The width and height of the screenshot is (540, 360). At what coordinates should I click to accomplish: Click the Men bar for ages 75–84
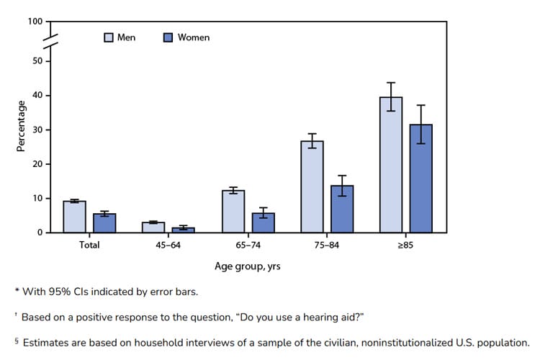pos(312,187)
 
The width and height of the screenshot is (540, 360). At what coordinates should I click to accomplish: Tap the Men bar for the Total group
pos(75,217)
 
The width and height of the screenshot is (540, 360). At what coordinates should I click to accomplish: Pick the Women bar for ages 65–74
pos(264,223)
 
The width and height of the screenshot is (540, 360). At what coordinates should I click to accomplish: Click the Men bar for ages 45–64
pos(153,228)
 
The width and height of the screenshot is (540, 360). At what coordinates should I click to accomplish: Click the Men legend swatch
pos(109,37)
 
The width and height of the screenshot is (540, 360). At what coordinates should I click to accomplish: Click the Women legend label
pos(194,37)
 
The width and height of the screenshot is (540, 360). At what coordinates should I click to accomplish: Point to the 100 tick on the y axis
pos(35,22)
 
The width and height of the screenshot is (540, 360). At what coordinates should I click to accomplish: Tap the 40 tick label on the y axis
pos(37,96)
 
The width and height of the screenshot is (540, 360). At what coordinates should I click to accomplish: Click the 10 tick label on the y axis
pos(37,199)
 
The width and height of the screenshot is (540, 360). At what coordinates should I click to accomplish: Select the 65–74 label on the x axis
pos(248,245)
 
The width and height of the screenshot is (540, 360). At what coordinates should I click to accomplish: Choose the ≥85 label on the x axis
pos(406,245)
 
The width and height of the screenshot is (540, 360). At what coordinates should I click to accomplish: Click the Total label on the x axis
pos(89,245)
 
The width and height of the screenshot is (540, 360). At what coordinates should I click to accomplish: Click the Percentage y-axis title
pos(21,125)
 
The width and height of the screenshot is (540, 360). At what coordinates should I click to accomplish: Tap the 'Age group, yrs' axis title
pos(248,266)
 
